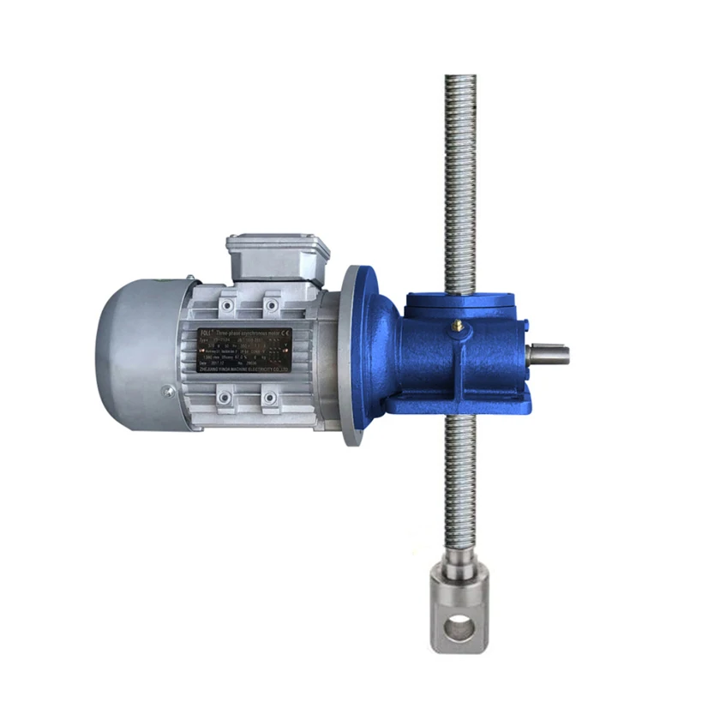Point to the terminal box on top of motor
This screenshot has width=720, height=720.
278,255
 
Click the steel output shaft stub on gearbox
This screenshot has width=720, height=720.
549,351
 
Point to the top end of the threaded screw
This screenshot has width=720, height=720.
460,82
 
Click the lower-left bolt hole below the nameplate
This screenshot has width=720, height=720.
224,398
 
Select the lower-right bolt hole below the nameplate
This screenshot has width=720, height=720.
271,398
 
